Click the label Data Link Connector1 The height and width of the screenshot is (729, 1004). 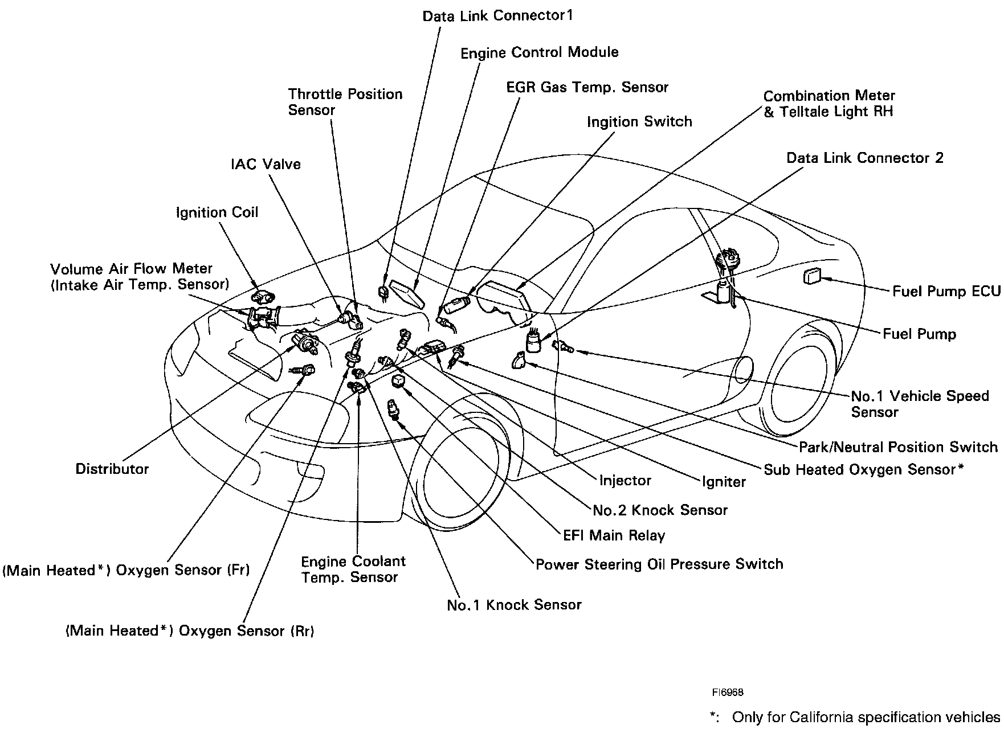(x=497, y=15)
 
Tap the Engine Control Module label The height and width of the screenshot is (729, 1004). (x=539, y=52)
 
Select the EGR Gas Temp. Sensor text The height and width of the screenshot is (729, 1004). (x=587, y=87)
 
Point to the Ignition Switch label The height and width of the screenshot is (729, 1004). (x=639, y=121)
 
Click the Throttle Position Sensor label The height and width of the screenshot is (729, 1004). (x=345, y=102)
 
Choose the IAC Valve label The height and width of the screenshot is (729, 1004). (x=266, y=164)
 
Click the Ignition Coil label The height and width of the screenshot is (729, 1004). (x=217, y=212)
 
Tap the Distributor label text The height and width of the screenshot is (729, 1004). (x=112, y=469)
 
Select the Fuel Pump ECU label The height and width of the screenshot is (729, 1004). (x=946, y=292)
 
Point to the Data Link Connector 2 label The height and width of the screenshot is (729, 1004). (x=864, y=158)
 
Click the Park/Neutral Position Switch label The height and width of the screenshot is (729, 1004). (x=898, y=447)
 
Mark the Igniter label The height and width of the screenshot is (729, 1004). (x=724, y=482)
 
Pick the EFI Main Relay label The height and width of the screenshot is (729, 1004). (x=614, y=535)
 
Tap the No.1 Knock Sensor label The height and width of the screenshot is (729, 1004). (x=514, y=605)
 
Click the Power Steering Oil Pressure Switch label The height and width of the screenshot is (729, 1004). (x=659, y=564)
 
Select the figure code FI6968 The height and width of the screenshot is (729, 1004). (x=727, y=693)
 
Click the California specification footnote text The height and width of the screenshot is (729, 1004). (x=855, y=717)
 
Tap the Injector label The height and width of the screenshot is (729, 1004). (x=625, y=481)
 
